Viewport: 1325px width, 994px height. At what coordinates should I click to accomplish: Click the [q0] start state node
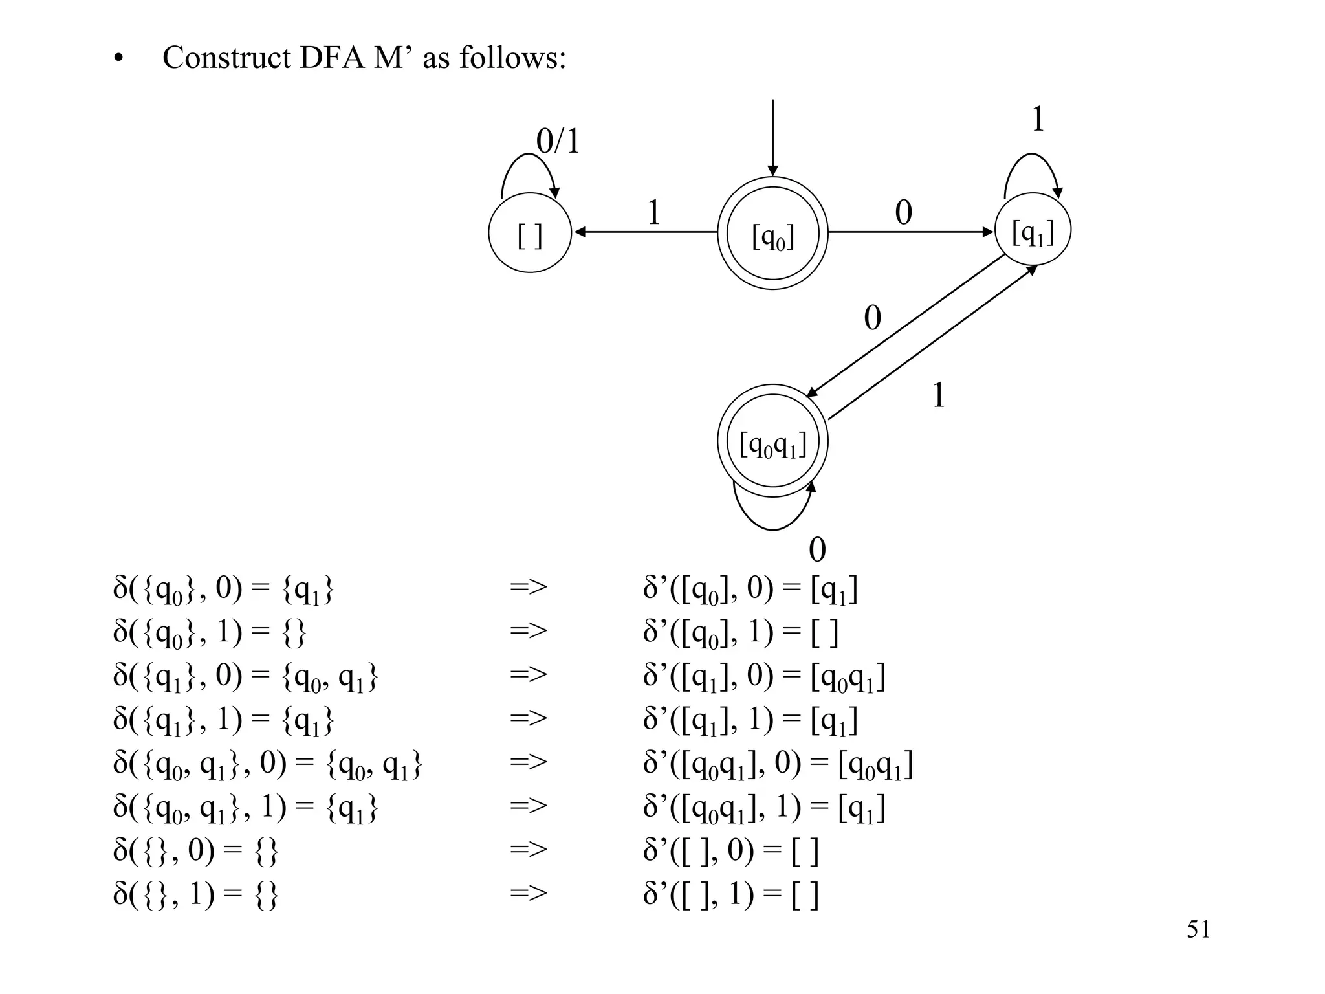tap(772, 233)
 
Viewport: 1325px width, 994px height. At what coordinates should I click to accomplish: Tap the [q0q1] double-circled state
tap(772, 442)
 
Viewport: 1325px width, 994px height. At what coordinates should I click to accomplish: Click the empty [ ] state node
tap(530, 233)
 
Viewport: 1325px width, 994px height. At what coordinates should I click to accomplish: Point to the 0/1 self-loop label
tap(558, 141)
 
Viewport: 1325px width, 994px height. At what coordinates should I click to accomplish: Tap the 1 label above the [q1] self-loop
tap(1038, 120)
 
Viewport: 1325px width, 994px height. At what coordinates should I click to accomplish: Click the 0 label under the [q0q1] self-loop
tap(817, 550)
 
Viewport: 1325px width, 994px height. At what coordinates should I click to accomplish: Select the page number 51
tap(1198, 929)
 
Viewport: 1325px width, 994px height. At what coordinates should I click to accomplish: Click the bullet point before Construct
tap(117, 60)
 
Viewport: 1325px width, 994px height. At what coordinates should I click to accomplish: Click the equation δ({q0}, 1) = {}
tap(210, 632)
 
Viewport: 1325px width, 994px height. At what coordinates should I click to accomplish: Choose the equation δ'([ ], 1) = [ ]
tap(731, 895)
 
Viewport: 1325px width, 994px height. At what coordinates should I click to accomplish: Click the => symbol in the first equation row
tap(528, 588)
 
